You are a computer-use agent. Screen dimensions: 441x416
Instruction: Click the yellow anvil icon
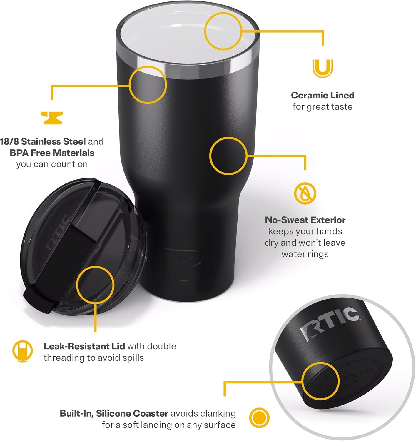point(51,118)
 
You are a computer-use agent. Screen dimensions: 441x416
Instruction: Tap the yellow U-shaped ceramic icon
point(323,68)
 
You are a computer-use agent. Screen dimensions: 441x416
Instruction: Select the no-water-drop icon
point(305,193)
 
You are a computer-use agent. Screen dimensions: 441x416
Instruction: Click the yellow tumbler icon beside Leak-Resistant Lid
point(22,351)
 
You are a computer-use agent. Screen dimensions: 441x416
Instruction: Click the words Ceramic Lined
point(323,95)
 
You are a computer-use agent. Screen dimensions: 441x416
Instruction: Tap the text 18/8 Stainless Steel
point(43,142)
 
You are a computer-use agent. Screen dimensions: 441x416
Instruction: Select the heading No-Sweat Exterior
point(305,220)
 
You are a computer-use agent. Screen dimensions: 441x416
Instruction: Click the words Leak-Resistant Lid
point(84,346)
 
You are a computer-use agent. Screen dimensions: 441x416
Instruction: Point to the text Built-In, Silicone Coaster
point(114,413)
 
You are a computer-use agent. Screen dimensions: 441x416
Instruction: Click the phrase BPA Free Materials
point(52,153)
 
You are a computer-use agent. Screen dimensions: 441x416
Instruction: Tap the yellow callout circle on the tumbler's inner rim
point(223,31)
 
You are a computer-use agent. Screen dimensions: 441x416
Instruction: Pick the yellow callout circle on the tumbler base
point(320,381)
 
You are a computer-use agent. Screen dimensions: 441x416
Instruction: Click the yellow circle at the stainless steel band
point(148,85)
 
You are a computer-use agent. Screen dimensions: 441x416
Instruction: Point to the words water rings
point(305,254)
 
